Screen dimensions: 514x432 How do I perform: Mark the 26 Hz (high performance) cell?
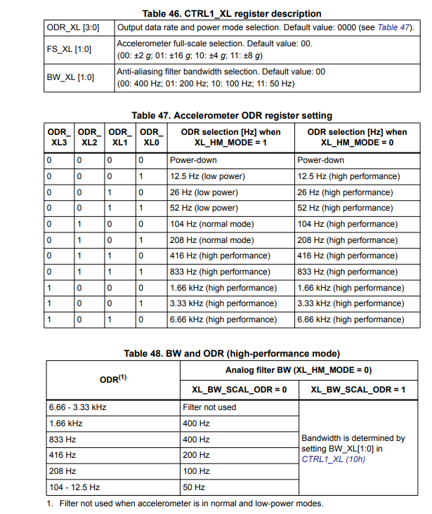click(344, 192)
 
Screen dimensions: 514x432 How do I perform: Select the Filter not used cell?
click(209, 407)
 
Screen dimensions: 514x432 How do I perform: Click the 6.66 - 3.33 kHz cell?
click(79, 407)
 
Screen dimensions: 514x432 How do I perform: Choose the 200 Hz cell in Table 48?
click(196, 455)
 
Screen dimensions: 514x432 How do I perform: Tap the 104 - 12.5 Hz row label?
click(74, 487)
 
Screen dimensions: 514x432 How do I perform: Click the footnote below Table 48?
click(185, 503)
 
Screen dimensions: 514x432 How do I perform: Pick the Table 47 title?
click(232, 115)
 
